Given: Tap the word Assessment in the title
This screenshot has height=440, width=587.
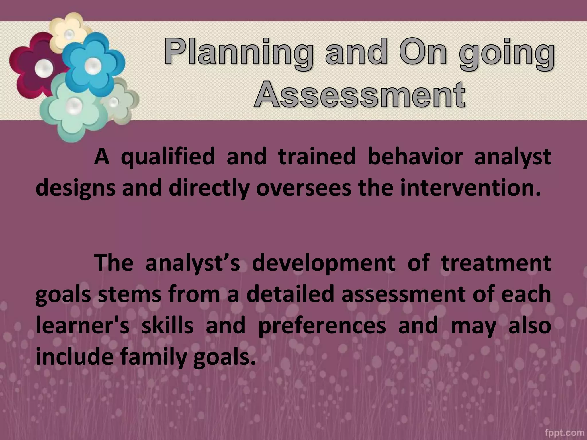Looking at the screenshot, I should tap(359, 95).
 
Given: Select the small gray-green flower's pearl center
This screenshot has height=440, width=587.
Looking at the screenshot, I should tap(114, 102).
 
